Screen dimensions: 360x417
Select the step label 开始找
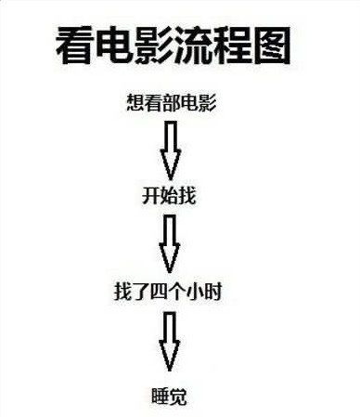(x=169, y=197)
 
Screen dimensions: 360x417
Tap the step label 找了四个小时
(x=168, y=293)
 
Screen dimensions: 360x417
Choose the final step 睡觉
(x=169, y=395)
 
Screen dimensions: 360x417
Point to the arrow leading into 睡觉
(x=169, y=342)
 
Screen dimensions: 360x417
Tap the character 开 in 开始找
(x=150, y=197)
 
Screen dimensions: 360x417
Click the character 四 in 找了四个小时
(x=168, y=293)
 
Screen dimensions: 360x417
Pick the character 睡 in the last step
(x=159, y=395)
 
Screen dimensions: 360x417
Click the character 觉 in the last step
(x=179, y=395)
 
